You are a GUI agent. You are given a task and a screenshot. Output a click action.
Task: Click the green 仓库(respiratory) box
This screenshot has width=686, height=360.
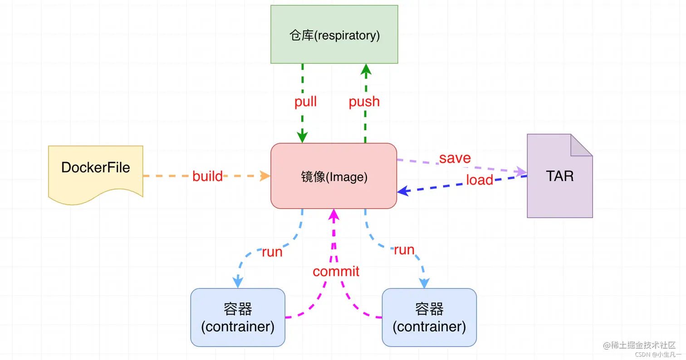point(334,35)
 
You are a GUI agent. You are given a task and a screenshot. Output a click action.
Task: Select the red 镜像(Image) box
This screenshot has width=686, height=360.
point(334,176)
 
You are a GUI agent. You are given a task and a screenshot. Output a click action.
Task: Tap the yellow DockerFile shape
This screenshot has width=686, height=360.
point(96,171)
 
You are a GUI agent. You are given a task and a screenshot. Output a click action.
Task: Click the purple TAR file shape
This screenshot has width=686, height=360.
point(560,182)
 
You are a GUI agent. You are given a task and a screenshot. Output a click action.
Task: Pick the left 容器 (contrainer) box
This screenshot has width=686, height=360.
point(238,318)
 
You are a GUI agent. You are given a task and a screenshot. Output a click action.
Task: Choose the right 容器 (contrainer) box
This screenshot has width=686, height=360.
point(429,318)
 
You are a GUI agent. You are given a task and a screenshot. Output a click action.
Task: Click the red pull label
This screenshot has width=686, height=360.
point(305,101)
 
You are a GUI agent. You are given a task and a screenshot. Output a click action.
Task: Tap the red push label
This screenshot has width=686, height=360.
point(364,101)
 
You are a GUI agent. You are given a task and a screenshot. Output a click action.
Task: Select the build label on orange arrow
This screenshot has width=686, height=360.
point(207,176)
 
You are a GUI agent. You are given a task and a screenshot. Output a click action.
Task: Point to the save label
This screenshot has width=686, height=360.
point(455,158)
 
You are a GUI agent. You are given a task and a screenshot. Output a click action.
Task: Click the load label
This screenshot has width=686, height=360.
point(479,180)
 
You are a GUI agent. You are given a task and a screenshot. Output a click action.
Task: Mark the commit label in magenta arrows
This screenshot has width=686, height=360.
point(336,271)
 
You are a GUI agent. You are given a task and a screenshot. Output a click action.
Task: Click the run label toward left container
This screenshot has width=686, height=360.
point(272,252)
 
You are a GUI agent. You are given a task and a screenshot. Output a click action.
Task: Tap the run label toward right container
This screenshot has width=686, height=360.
point(404,250)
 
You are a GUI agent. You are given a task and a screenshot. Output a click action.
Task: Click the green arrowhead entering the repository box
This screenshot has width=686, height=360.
point(366,69)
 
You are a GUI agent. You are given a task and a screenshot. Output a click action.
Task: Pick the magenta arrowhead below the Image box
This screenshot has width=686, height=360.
point(334,214)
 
